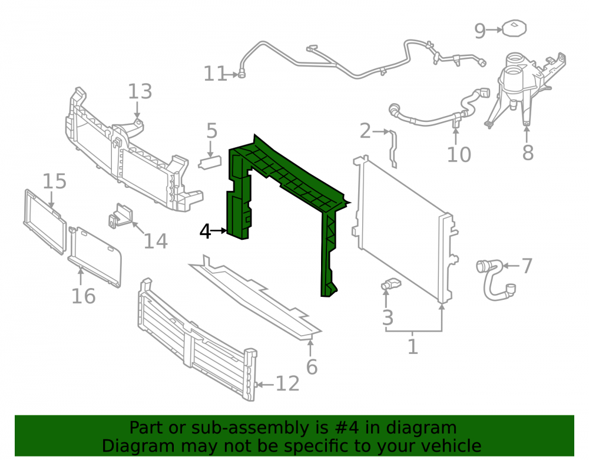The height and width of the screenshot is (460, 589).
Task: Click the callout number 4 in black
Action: [206, 231]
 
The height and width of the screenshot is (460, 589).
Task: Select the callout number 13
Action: [140, 92]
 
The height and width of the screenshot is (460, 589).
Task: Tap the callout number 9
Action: [480, 31]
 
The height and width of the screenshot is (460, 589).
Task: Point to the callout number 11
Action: [215, 74]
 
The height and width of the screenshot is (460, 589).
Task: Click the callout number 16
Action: [84, 296]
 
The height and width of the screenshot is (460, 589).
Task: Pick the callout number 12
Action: [288, 384]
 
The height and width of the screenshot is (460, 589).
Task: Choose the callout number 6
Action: [312, 367]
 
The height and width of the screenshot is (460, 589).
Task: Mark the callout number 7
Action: [527, 266]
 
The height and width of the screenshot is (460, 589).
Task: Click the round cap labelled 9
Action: [515, 28]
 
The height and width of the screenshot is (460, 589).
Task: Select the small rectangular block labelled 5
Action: [210, 163]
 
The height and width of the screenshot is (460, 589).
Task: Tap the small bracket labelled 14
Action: [121, 216]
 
